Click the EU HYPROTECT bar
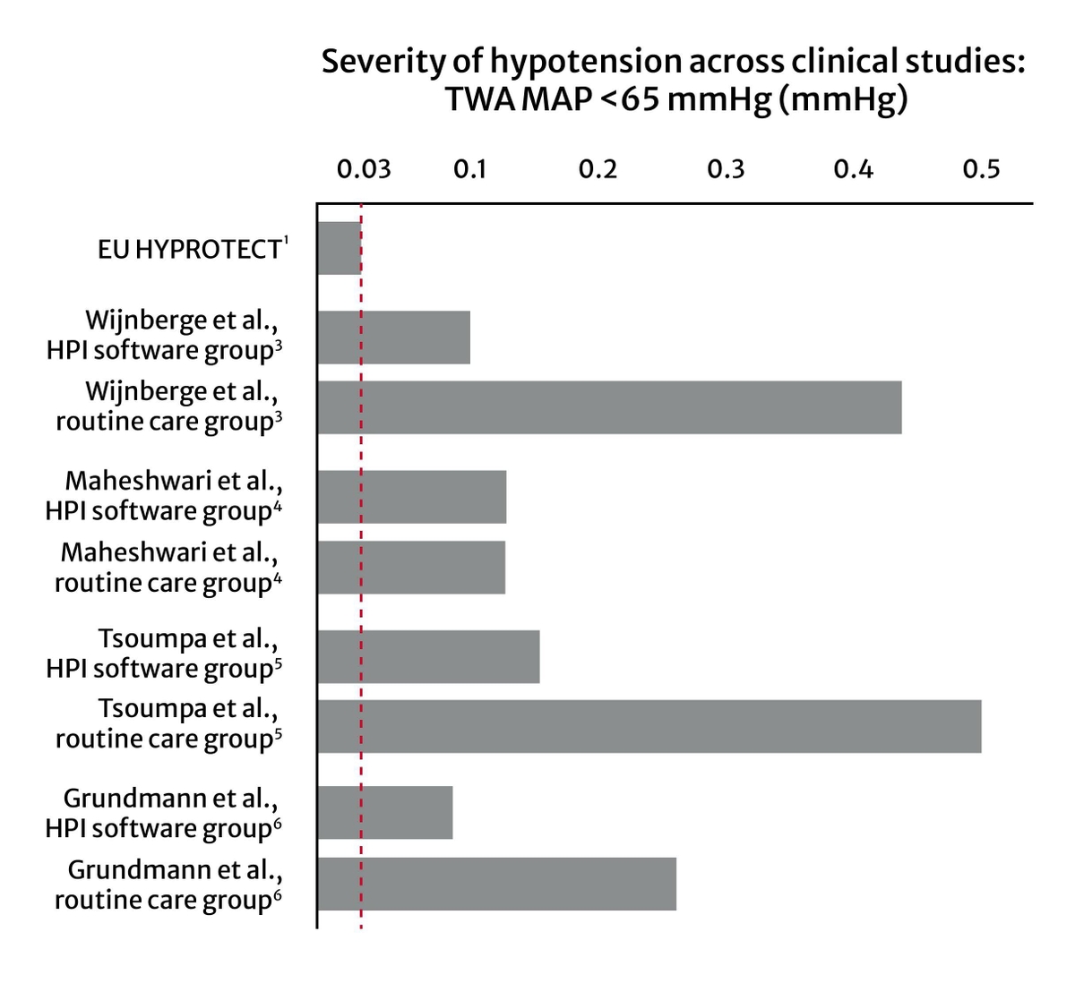[x=340, y=248]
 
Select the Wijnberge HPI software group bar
[x=394, y=338]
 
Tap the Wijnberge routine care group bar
[x=609, y=407]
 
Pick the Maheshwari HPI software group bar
[x=412, y=497]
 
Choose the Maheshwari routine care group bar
[x=411, y=567]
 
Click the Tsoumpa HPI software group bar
[x=428, y=656]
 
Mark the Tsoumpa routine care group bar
[x=649, y=726]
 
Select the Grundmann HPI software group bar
[x=385, y=813]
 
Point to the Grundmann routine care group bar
[x=497, y=884]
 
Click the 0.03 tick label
[x=364, y=169]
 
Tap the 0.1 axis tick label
[x=469, y=169]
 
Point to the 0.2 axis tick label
[x=598, y=169]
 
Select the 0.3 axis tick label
[x=726, y=169]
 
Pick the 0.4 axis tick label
[x=853, y=169]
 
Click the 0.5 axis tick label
[x=981, y=169]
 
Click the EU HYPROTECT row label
[x=193, y=249]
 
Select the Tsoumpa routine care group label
[x=168, y=724]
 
